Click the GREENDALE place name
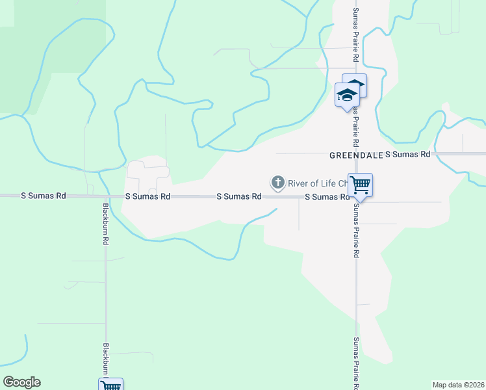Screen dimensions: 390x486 pyautogui.click(x=355, y=155)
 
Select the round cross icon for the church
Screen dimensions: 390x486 pyautogui.click(x=278, y=183)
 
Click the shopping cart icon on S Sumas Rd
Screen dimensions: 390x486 pyautogui.click(x=360, y=185)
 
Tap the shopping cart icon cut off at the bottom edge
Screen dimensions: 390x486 pyautogui.click(x=111, y=385)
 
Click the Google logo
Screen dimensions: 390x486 pyautogui.click(x=21, y=382)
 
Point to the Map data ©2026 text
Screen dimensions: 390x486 pyautogui.click(x=459, y=385)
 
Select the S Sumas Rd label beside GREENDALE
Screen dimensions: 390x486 pyautogui.click(x=408, y=155)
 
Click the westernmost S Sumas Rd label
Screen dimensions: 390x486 pyautogui.click(x=44, y=196)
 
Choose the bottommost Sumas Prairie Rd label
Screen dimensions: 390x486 pyautogui.click(x=355, y=361)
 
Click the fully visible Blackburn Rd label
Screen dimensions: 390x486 pyautogui.click(x=105, y=224)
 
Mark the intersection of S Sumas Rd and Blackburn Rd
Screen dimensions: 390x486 pyautogui.click(x=105, y=196)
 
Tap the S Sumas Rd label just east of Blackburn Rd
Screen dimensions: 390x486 pyautogui.click(x=147, y=196)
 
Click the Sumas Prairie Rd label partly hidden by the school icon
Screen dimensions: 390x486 pyautogui.click(x=356, y=123)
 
